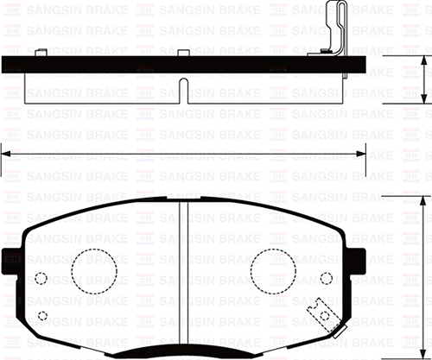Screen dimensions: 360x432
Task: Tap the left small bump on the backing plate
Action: pos(43,54)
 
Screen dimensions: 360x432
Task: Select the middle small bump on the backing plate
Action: pos(182,54)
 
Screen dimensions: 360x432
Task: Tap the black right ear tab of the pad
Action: pos(354,257)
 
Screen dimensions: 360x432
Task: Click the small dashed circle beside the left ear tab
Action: pos(41,278)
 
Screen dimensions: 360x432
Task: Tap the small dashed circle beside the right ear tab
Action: pos(326,278)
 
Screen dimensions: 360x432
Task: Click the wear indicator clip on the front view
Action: pos(322,313)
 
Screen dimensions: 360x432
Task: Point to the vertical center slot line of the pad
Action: pos(182,276)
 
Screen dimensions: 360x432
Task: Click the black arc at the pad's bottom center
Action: pos(182,352)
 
